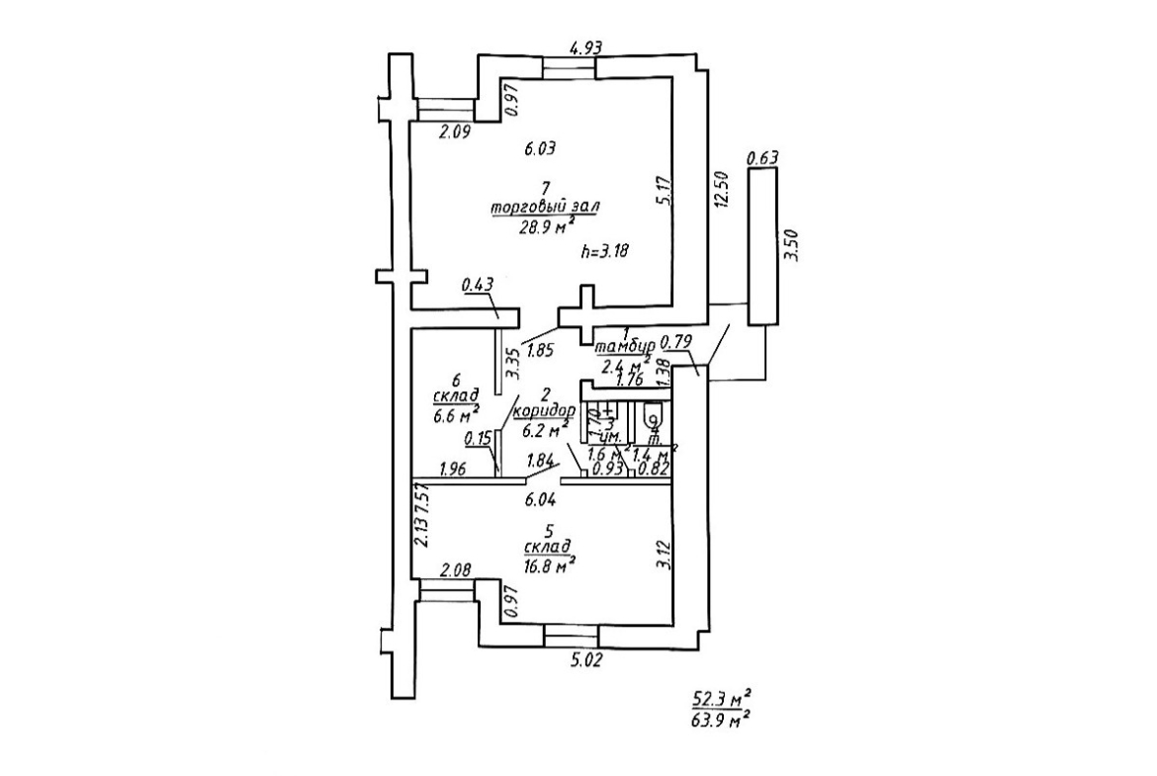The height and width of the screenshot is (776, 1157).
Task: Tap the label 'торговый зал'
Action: point(546,207)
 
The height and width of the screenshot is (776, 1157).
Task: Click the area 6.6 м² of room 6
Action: point(455,415)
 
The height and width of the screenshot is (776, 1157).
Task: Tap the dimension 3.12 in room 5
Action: point(664,554)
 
